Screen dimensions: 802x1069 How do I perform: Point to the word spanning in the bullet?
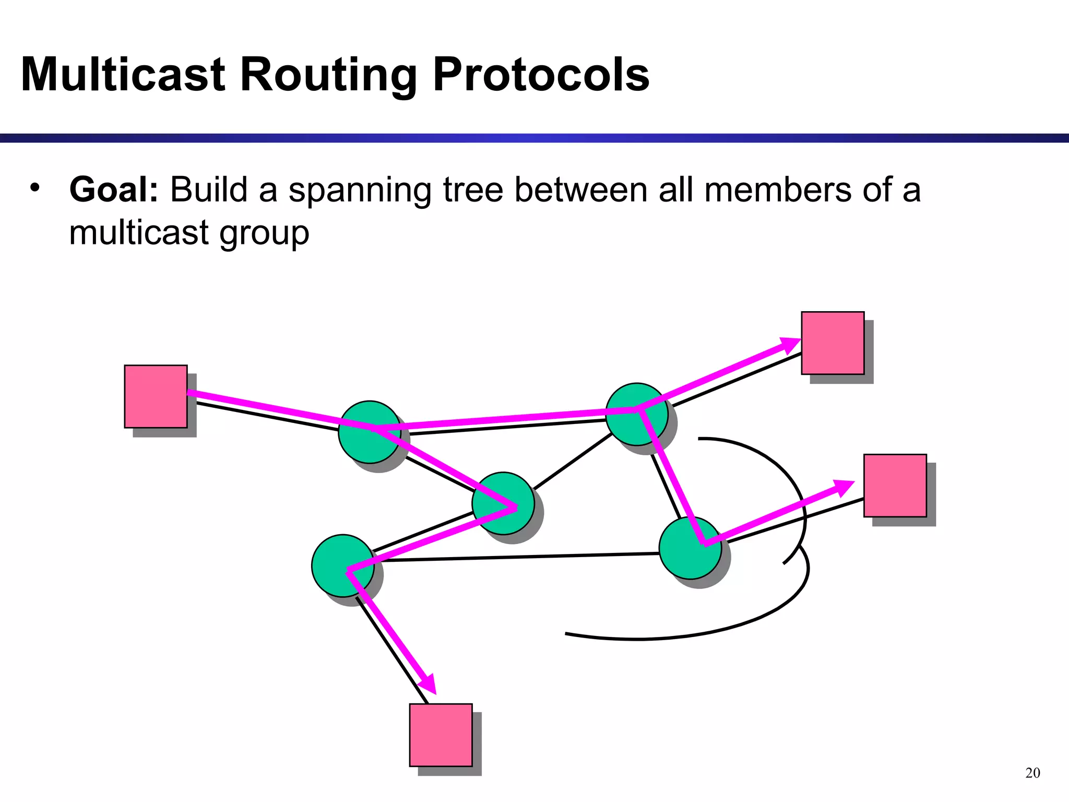[x=360, y=191]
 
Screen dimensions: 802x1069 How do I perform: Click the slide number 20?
[x=1032, y=773]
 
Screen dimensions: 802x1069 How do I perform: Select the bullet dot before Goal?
[x=35, y=187]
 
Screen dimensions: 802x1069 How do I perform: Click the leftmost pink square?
[x=156, y=396]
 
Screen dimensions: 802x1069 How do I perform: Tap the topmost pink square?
[x=833, y=343]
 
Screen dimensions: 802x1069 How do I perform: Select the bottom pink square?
[x=441, y=735]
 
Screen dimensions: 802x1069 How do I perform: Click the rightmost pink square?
[x=895, y=486]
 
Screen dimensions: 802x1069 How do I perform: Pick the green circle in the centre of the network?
[x=503, y=503]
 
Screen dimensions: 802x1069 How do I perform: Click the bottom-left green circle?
[x=342, y=565]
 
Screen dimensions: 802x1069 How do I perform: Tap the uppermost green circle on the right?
[x=636, y=414]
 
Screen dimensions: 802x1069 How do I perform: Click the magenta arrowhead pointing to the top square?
[x=789, y=345]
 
